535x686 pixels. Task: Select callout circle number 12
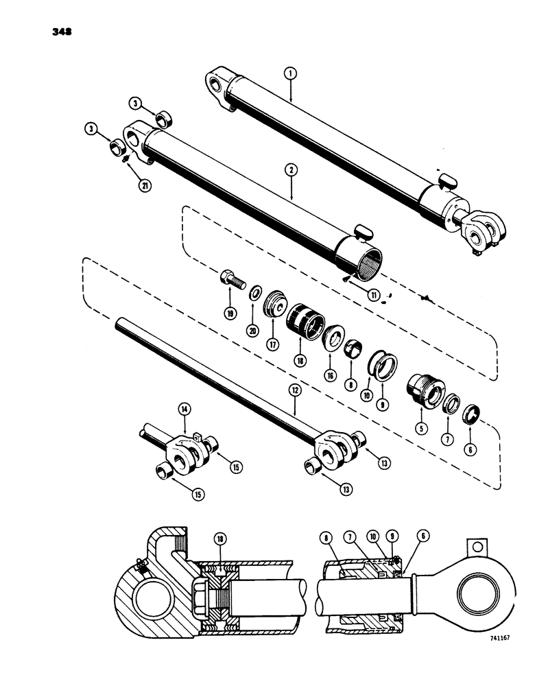click(295, 390)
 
